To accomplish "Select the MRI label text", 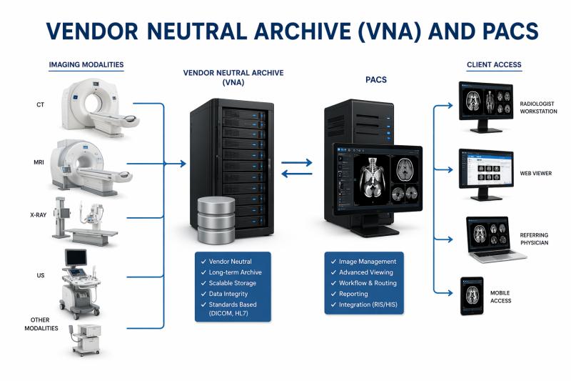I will click(x=39, y=162).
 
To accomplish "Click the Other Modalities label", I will click(x=39, y=324).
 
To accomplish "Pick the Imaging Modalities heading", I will click(x=86, y=65).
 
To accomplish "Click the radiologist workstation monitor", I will click(x=485, y=104).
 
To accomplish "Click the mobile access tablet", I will click(x=472, y=295).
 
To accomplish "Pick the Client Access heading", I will click(x=494, y=65).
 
